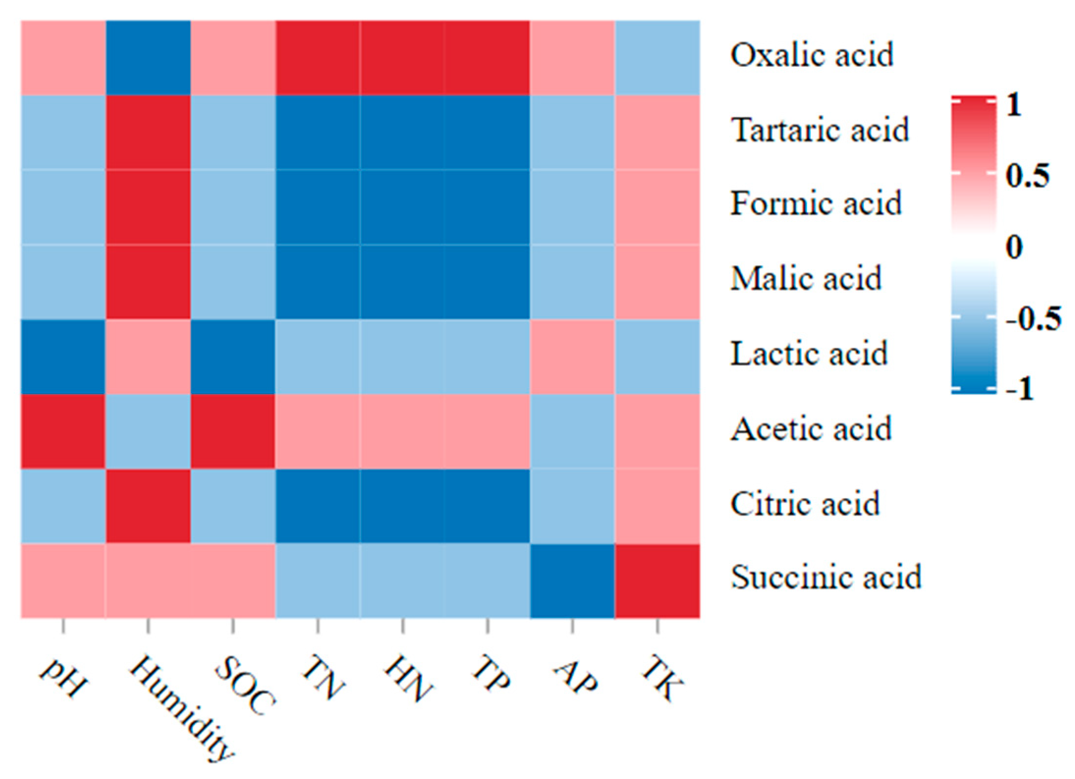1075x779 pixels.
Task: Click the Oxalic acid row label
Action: (811, 55)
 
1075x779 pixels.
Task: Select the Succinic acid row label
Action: (826, 578)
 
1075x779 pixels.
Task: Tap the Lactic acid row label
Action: (809, 354)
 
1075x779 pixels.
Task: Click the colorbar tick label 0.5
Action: (1027, 175)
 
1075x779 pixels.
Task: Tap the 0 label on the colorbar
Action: (1014, 247)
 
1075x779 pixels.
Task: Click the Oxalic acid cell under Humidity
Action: (148, 57)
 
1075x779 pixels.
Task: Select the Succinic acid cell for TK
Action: (658, 581)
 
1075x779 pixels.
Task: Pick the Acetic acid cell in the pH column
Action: (63, 431)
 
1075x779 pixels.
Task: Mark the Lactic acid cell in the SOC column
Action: (233, 357)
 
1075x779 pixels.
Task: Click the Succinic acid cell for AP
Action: (573, 581)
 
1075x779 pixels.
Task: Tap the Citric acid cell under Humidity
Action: (148, 506)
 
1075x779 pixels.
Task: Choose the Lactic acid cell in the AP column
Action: (573, 357)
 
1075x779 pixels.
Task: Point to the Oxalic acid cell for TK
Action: (658, 57)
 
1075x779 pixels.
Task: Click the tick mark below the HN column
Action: (403, 626)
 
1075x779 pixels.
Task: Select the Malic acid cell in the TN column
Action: (318, 281)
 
